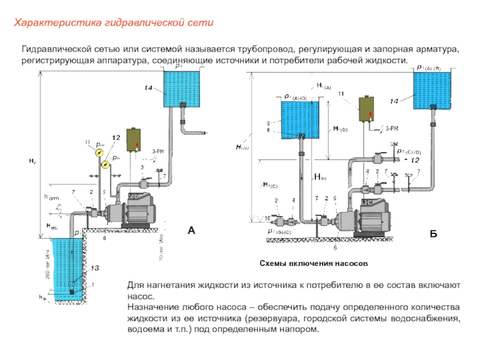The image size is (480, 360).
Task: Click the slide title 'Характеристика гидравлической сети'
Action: click(x=114, y=23)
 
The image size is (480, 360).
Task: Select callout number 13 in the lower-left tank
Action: click(x=95, y=268)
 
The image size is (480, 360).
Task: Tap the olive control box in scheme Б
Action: click(x=367, y=108)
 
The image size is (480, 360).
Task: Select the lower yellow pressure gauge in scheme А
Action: click(x=106, y=164)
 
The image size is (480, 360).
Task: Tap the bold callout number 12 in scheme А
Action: click(x=116, y=139)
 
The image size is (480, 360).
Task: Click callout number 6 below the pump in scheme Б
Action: click(x=335, y=247)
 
